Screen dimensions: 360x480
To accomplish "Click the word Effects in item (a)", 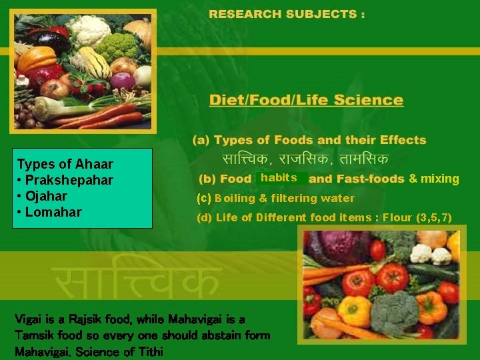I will (x=403, y=140).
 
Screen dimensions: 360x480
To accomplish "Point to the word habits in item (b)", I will (x=279, y=178).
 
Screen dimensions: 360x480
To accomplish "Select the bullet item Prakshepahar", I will (x=69, y=180).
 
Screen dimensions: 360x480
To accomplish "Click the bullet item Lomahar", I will (x=53, y=212).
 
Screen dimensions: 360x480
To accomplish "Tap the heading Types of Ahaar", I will (x=65, y=164).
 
